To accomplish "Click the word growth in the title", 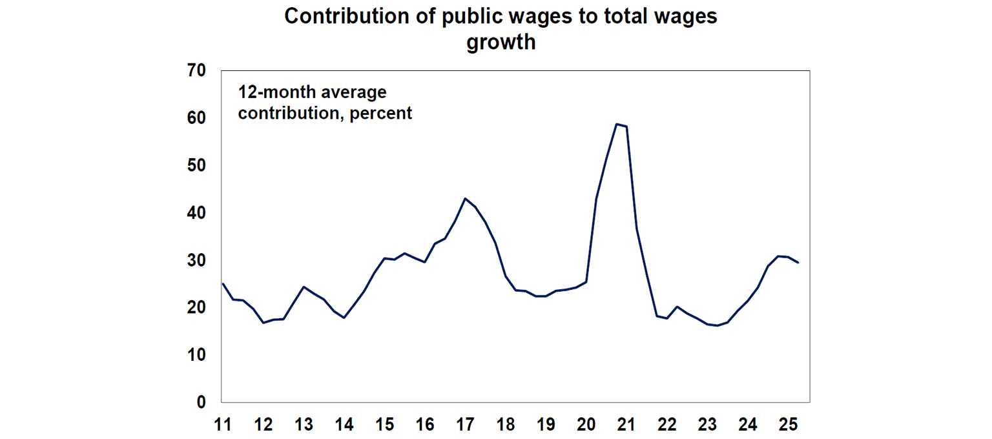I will click(501, 42).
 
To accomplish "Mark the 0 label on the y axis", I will click(200, 402).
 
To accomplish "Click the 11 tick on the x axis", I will click(222, 425).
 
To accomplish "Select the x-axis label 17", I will click(465, 425).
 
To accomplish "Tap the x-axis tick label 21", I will click(626, 425).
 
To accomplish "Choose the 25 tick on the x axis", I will click(789, 425).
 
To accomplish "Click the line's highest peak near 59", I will click(617, 124).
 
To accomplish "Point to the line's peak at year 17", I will click(465, 198).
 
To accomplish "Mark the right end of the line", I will click(798, 262).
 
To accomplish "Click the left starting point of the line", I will click(222, 283).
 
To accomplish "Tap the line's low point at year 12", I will click(263, 322).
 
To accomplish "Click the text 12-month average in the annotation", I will click(313, 92).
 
